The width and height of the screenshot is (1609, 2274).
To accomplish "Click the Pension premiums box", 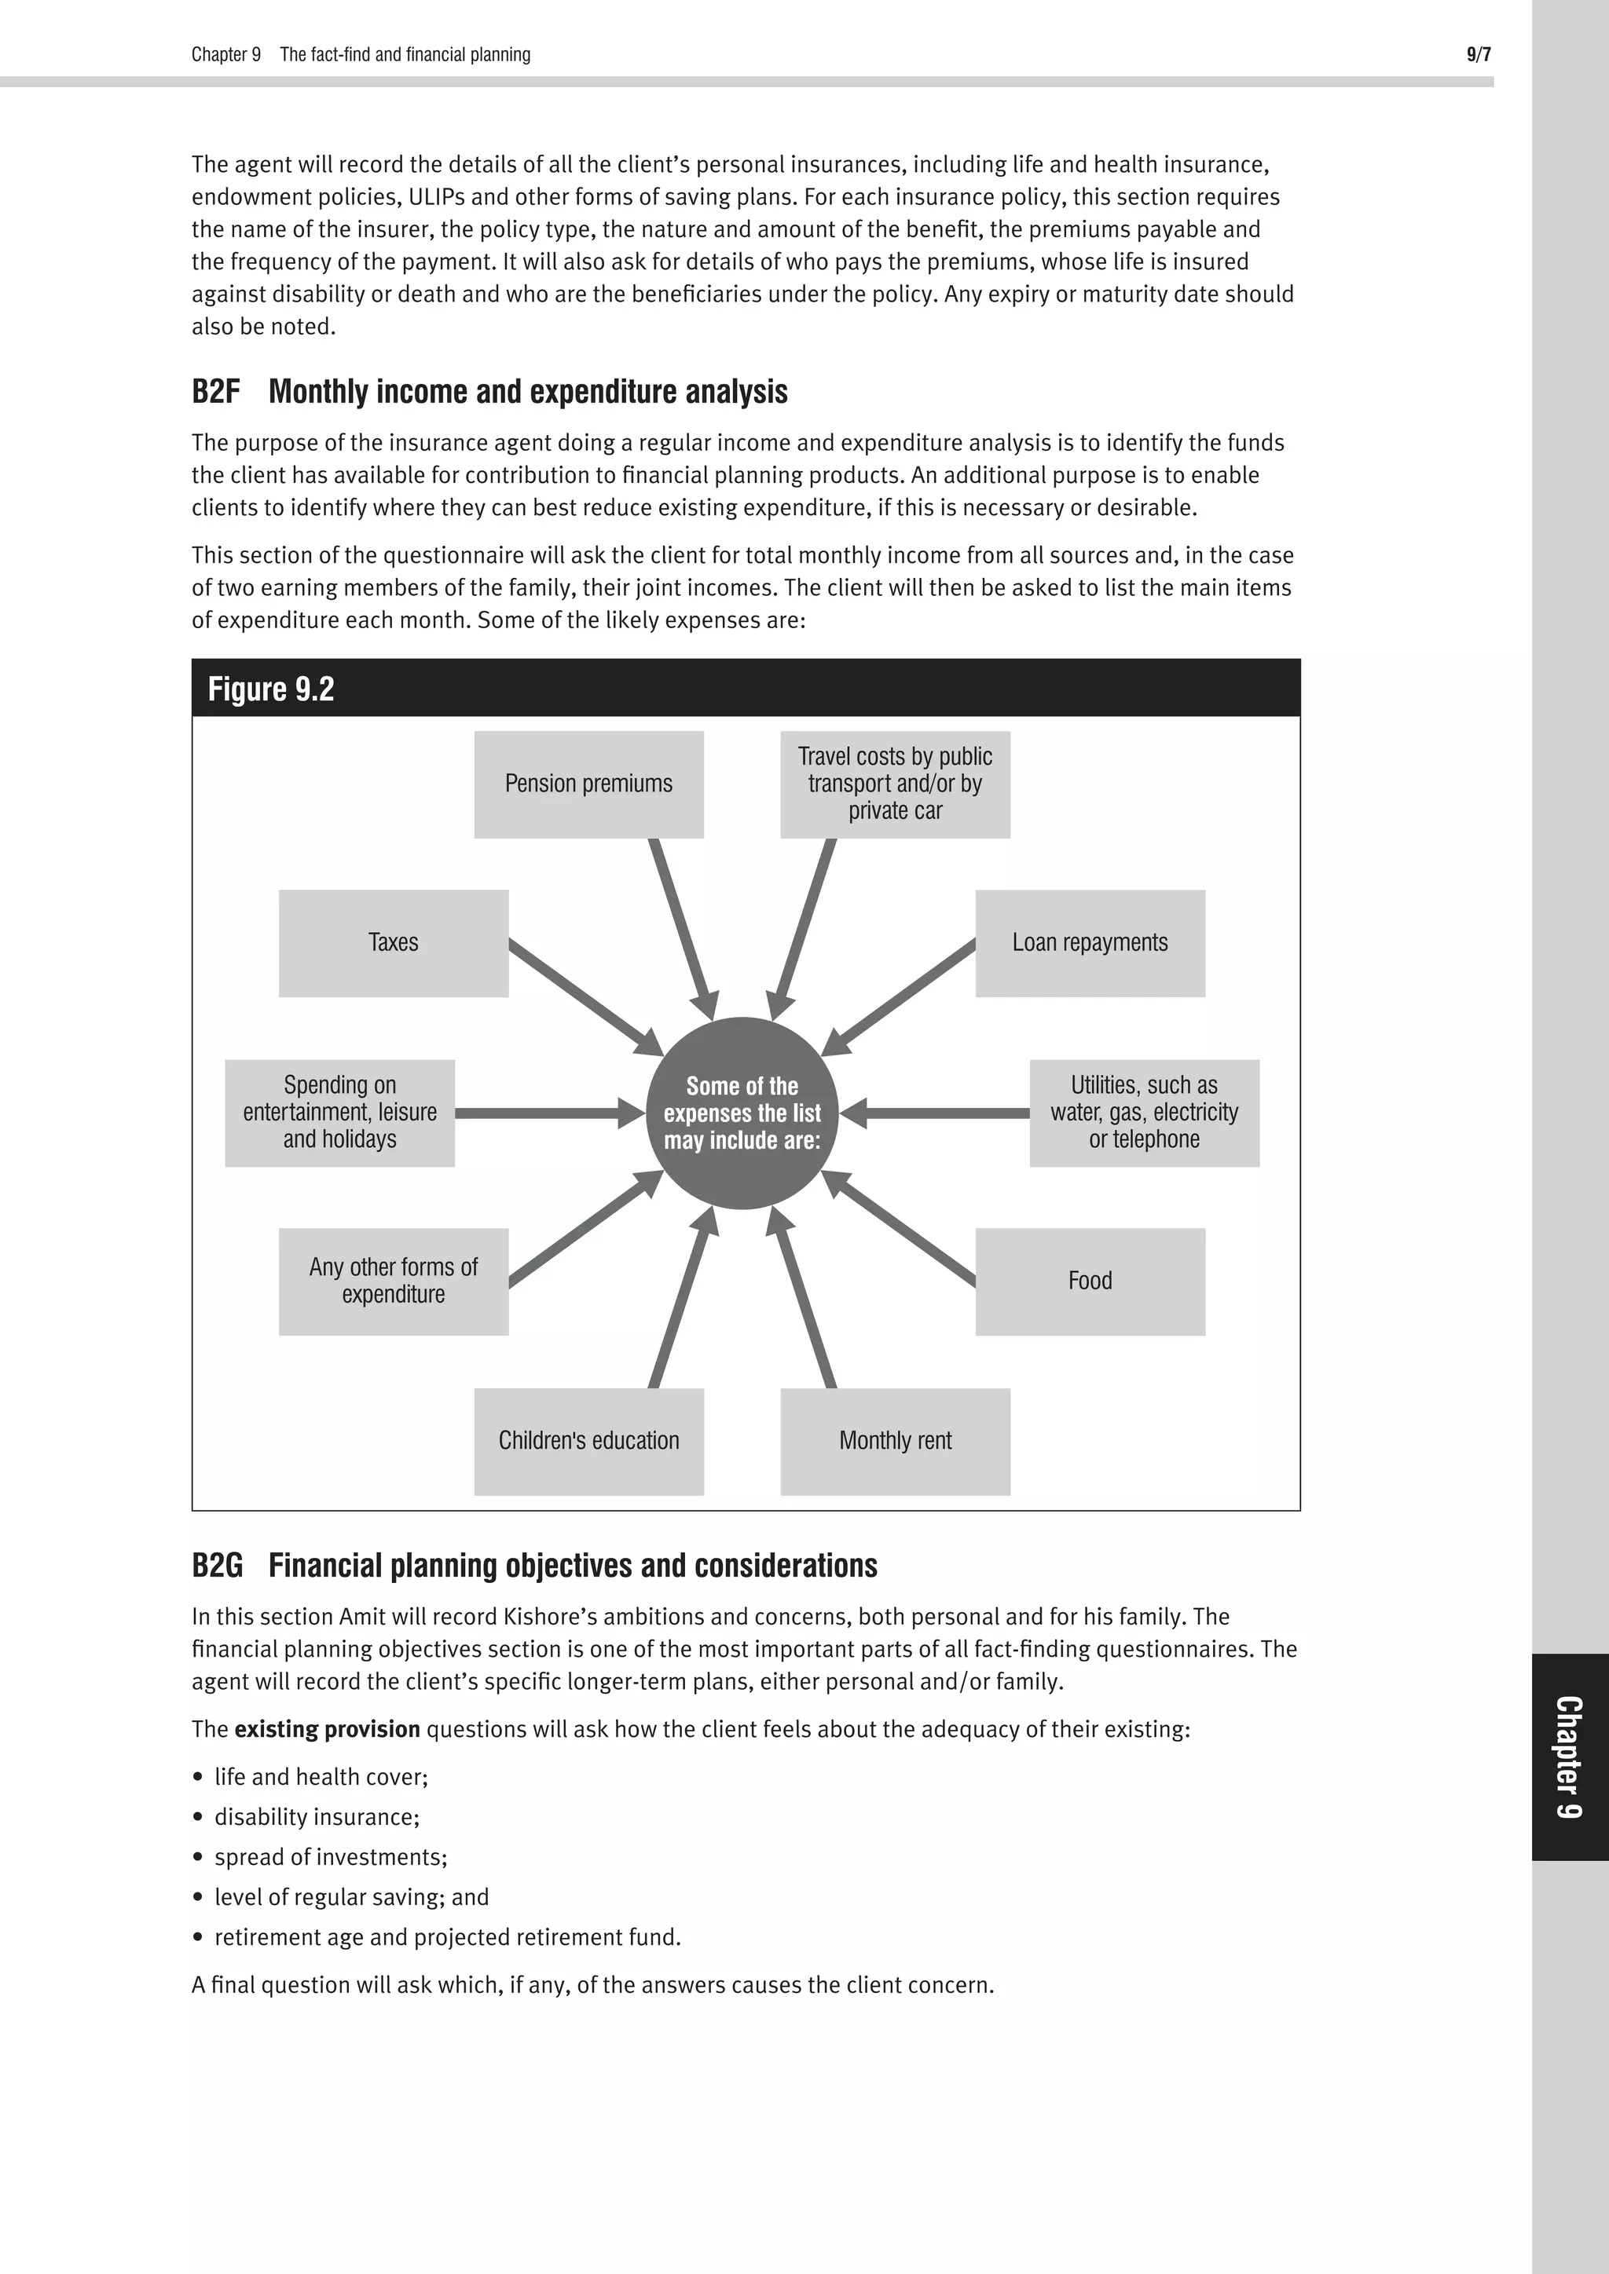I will click(x=588, y=784).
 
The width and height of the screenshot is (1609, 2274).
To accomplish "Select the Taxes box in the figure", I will click(x=394, y=943).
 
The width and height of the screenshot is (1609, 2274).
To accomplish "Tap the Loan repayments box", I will click(x=1090, y=943).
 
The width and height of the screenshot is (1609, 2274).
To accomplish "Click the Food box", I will click(x=1090, y=1281).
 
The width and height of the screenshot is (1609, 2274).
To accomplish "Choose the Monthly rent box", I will click(x=895, y=1441).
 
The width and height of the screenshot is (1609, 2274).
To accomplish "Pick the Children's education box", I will click(x=588, y=1441).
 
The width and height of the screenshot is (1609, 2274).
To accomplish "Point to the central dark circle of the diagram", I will click(x=742, y=1113).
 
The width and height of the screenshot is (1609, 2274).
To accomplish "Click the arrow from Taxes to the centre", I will click(x=585, y=997).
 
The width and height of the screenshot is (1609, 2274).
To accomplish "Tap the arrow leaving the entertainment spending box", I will click(x=545, y=1113).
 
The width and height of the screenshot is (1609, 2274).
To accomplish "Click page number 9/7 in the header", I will click(x=1477, y=54).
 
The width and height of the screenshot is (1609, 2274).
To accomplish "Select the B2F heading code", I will click(x=215, y=392).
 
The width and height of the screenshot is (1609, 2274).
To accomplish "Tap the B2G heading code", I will click(x=217, y=1566).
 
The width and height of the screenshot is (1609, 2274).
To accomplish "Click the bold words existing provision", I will click(x=327, y=1729).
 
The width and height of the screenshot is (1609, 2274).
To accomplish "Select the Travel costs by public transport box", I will click(x=895, y=784).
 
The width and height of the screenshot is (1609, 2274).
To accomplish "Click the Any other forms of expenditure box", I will click(x=394, y=1281).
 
